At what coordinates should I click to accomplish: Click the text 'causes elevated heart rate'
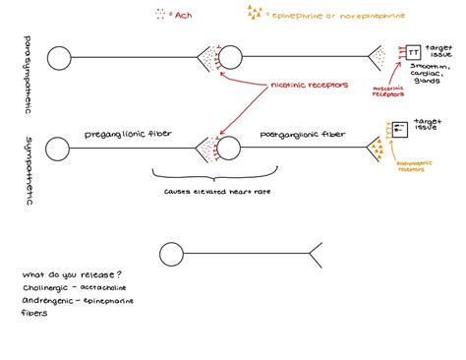tap(204, 192)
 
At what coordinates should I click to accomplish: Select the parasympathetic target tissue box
tap(412, 51)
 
